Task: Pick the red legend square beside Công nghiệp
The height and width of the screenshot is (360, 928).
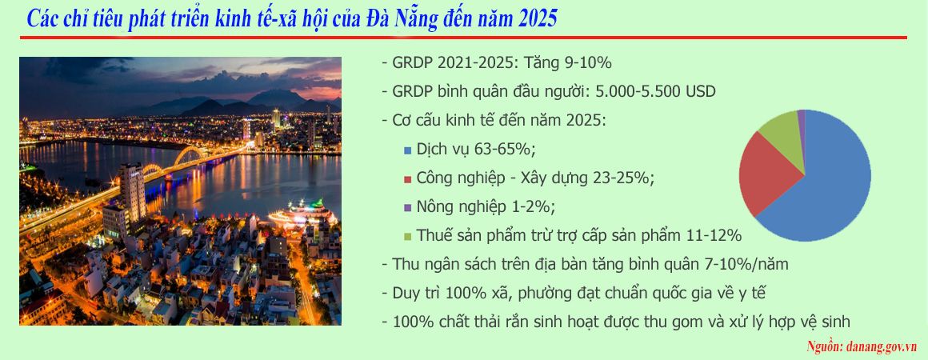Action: (x=407, y=179)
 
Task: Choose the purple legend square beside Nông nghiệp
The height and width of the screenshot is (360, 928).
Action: (x=407, y=208)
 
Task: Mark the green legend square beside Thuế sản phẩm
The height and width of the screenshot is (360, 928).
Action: (x=407, y=237)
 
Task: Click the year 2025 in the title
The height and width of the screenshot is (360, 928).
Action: (x=537, y=19)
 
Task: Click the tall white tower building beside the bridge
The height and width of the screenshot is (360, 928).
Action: (x=131, y=193)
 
